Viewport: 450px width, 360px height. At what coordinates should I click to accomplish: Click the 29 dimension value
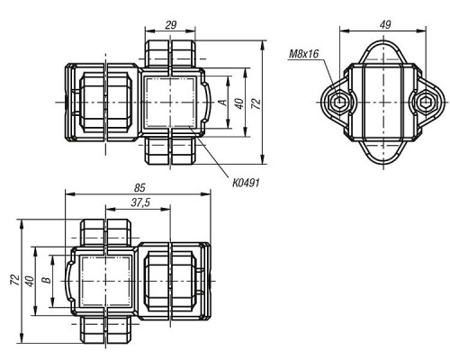(171, 25)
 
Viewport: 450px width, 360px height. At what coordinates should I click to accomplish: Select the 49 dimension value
(385, 24)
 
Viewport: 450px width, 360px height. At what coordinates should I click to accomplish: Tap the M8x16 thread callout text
(303, 54)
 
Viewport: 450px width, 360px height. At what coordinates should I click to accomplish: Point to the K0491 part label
(246, 183)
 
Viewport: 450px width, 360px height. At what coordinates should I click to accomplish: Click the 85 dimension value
(139, 188)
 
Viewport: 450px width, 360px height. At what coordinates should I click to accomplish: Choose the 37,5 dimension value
(140, 203)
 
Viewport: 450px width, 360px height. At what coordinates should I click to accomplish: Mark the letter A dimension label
(223, 103)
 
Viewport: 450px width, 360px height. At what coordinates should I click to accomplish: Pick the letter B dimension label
(47, 281)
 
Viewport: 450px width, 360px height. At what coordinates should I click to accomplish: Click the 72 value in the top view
(256, 103)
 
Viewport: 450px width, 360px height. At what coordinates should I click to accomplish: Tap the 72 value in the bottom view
(15, 280)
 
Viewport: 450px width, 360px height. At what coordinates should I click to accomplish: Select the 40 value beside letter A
(239, 103)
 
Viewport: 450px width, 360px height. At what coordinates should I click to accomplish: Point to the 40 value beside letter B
(30, 281)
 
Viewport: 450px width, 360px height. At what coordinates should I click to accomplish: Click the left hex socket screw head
(340, 103)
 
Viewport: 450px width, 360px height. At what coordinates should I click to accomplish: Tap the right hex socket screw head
(425, 103)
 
